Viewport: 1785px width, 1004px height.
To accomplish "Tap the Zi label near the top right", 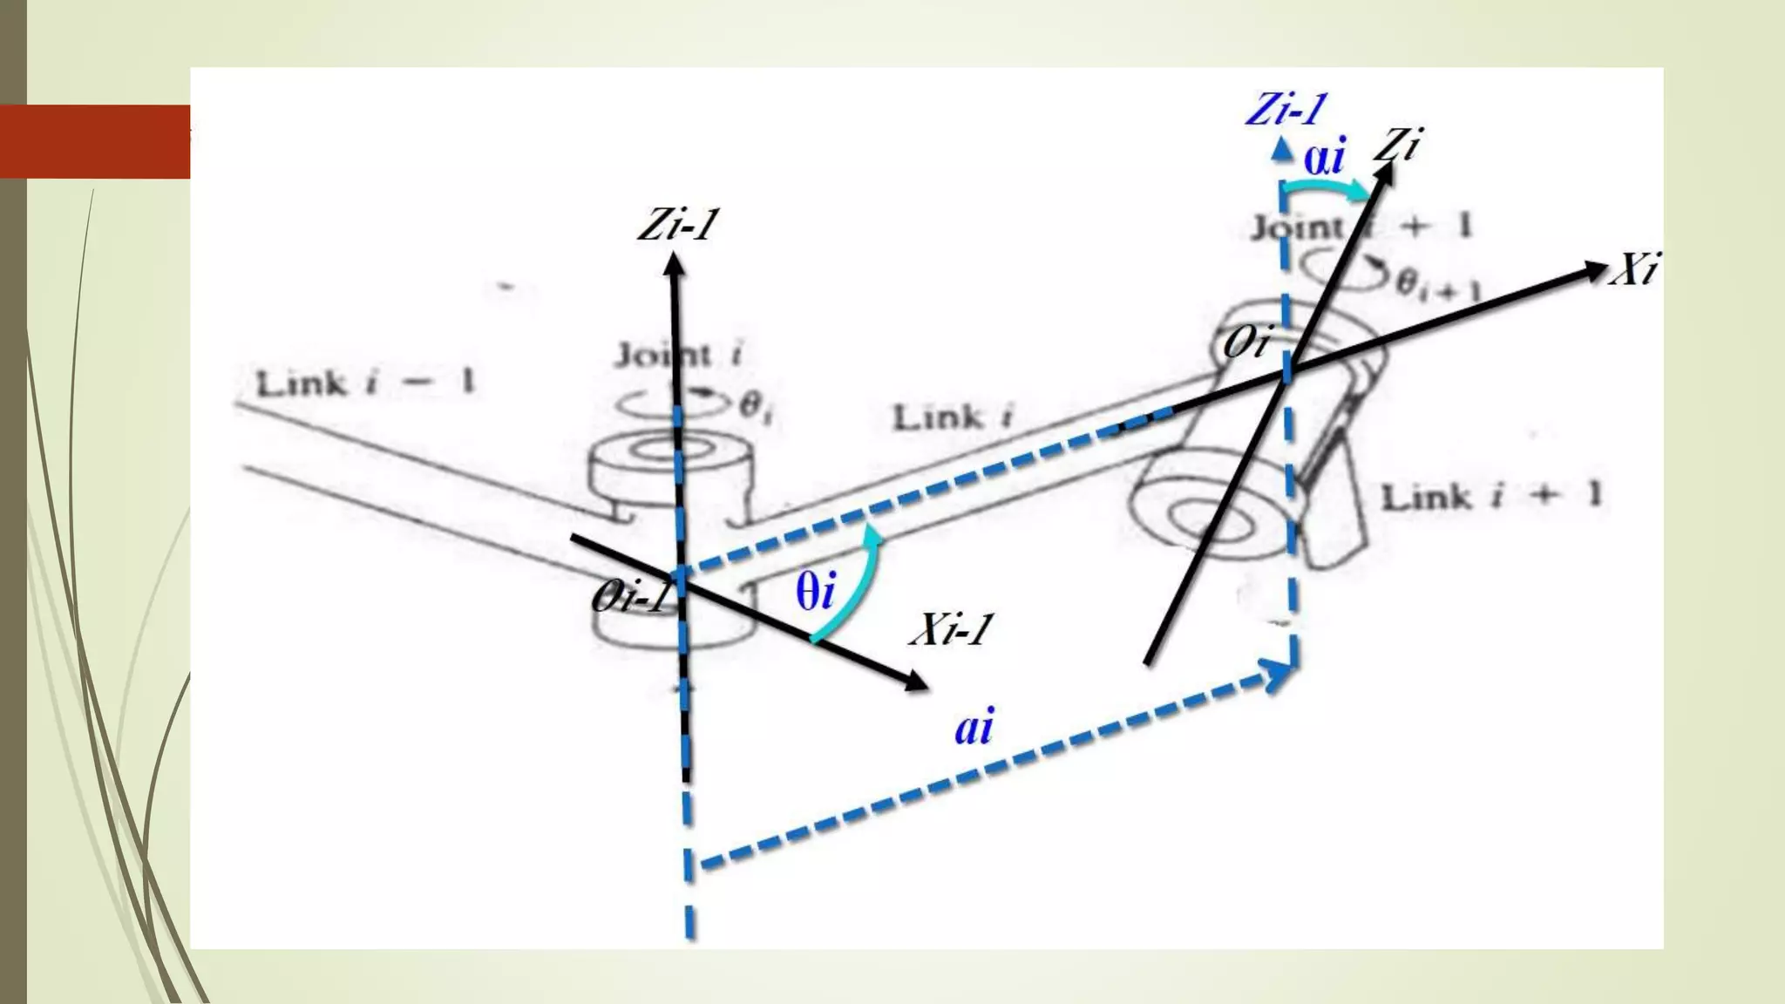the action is [x=1398, y=144].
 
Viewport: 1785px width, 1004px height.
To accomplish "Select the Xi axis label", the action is [x=1633, y=269].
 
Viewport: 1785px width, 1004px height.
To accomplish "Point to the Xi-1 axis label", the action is [x=951, y=629].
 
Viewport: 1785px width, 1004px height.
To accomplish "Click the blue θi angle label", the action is [x=815, y=592].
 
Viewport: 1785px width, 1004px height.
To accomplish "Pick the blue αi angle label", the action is [x=1324, y=158].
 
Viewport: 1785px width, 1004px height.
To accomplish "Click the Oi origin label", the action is [x=1246, y=343].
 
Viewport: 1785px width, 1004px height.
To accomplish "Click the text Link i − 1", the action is [x=365, y=383].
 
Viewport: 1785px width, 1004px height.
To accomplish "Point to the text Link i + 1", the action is [x=1491, y=496].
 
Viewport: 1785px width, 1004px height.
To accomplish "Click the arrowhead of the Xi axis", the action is [x=1595, y=271].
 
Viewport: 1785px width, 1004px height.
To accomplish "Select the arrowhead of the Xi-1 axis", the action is [x=916, y=682].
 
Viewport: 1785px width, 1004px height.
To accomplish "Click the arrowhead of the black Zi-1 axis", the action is [x=674, y=262].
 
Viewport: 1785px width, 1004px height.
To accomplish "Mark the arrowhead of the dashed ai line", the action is [x=1279, y=674].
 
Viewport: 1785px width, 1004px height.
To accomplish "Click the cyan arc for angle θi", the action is [x=849, y=588].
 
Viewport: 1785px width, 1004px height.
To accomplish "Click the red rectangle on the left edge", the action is [x=95, y=141].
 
